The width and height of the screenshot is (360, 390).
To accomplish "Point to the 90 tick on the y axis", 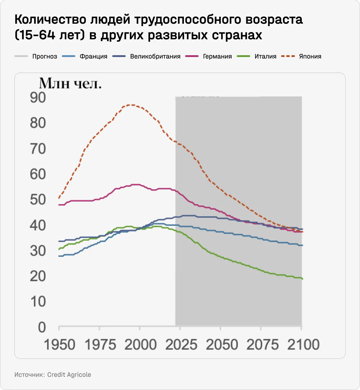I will point(38,98).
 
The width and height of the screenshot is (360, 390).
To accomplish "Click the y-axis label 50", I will point(38,200).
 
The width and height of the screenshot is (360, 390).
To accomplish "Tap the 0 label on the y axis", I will point(42,327).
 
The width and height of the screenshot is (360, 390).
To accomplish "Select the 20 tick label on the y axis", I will point(38,276).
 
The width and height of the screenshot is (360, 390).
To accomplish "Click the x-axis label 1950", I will point(59,345).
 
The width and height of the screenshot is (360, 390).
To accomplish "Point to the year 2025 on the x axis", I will point(181,345).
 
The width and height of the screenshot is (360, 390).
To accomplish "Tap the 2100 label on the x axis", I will point(303,345).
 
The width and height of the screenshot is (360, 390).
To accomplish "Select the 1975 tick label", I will point(100,345).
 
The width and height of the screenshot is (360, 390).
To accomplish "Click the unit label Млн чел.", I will point(70,83).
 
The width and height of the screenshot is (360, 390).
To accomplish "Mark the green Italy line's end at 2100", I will point(302,279).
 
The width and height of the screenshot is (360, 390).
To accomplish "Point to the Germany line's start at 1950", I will point(59,205).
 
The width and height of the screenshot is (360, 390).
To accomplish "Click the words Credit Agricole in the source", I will point(69,375).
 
